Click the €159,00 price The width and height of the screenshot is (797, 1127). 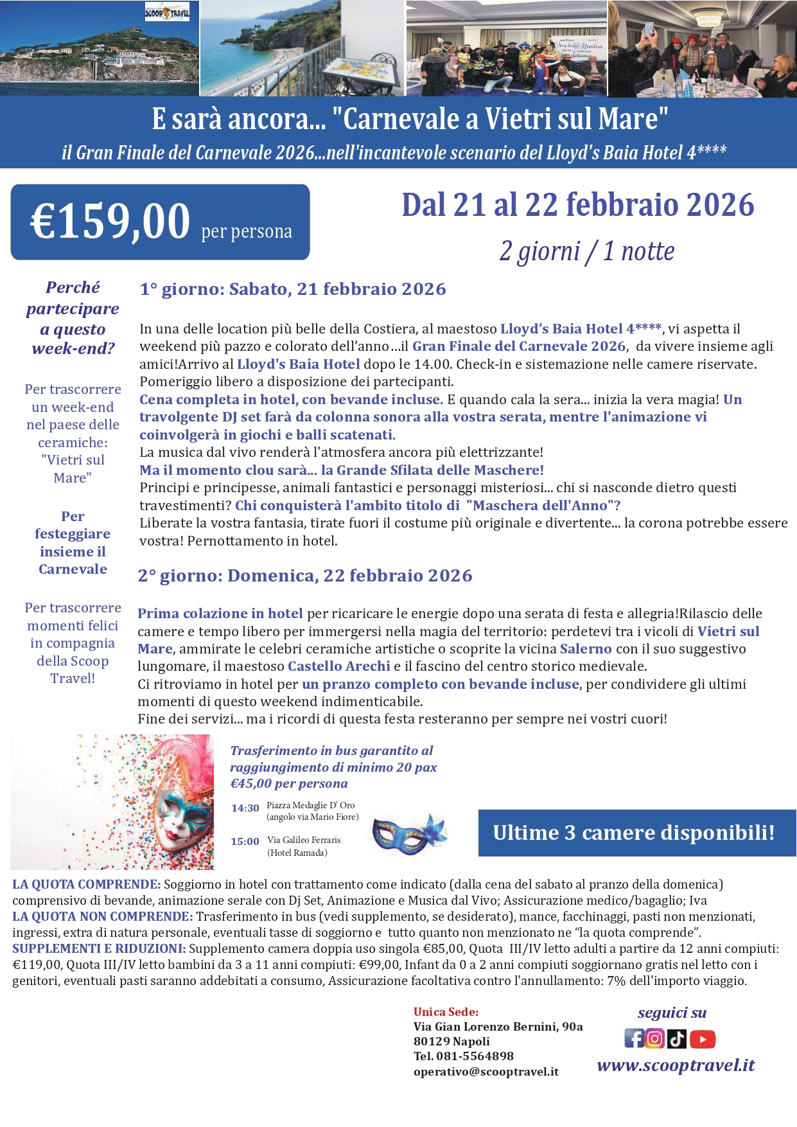110,222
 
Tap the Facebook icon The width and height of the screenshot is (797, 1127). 634,1038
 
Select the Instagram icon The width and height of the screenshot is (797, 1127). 654,1038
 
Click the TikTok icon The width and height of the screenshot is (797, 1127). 676,1038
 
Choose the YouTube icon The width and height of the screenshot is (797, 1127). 703,1039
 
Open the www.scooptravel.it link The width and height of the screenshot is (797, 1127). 676,1065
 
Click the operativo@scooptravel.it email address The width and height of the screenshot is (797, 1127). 486,1072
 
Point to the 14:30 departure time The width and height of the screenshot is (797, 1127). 245,808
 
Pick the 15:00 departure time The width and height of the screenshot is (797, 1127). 245,842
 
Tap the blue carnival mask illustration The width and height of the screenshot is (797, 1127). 408,834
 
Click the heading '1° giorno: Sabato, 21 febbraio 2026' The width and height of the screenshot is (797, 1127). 293,289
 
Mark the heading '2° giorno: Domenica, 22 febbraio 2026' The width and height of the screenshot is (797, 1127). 305,576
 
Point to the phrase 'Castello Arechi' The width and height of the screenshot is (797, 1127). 338,666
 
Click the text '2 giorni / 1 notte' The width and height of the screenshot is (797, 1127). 586,251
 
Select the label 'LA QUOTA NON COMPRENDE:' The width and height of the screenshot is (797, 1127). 103,916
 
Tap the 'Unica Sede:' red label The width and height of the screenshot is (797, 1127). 446,1012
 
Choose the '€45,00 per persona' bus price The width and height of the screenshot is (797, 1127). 289,784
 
